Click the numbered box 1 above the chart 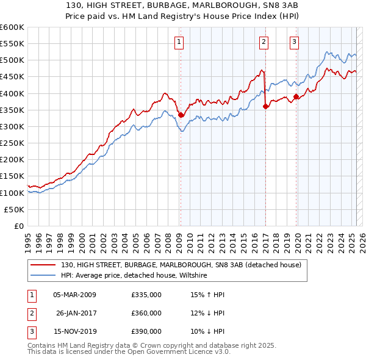(179, 42)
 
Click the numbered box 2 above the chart (264, 42)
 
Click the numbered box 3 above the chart (294, 42)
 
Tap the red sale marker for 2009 (181, 115)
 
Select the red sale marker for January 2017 (265, 106)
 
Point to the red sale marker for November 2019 (296, 96)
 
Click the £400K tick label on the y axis (12, 93)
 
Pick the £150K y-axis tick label (12, 176)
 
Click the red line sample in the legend (43, 265)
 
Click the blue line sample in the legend (43, 276)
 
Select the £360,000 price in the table (146, 313)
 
